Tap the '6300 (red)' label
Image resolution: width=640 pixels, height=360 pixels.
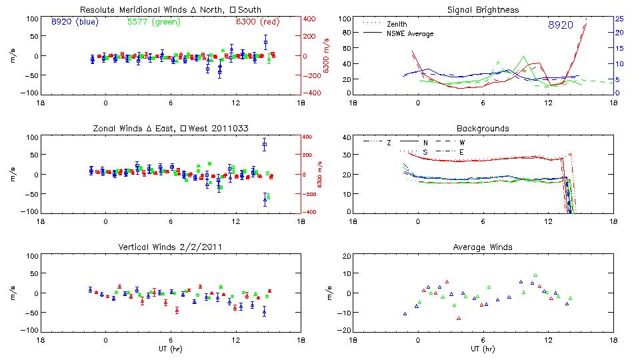256,23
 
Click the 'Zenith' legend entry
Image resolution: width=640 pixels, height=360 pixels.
397,23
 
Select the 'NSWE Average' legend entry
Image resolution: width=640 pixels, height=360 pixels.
410,33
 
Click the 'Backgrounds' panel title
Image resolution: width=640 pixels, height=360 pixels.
483,128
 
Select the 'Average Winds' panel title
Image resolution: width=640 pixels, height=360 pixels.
483,247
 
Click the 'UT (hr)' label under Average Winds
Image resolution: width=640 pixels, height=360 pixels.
483,349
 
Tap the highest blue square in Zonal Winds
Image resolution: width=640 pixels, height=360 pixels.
265,144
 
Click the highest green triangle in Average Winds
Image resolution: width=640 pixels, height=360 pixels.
535,275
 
